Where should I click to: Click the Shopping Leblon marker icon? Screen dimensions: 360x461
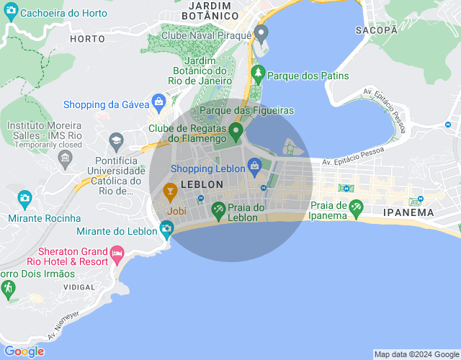click(254, 168)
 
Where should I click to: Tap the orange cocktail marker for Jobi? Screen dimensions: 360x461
click(171, 191)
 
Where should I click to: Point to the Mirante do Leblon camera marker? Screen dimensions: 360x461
click(167, 230)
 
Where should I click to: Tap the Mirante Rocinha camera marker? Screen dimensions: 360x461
click(24, 198)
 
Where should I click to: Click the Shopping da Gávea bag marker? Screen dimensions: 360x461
click(158, 102)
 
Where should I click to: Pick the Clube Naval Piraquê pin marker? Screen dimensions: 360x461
click(261, 33)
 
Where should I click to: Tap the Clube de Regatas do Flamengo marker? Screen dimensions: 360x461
click(236, 131)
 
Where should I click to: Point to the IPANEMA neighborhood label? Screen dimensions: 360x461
click(408, 212)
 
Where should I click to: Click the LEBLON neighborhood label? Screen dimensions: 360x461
click(201, 184)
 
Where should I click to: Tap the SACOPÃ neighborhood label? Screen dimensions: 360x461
click(377, 30)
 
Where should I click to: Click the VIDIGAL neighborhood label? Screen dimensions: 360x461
click(79, 287)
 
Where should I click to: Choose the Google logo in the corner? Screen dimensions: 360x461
click(24, 351)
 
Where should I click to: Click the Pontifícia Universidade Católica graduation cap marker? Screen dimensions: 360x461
click(116, 139)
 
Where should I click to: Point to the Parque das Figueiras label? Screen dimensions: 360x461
click(246, 110)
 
